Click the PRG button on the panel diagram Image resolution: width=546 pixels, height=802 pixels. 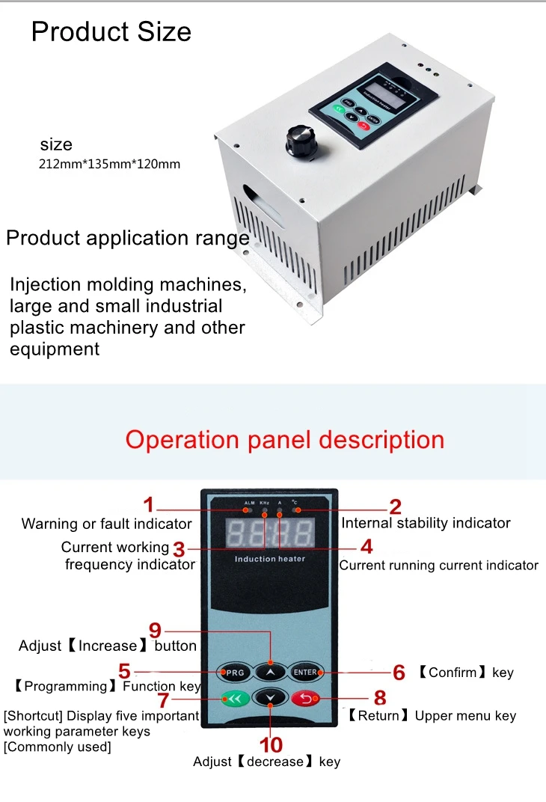[x=235, y=673]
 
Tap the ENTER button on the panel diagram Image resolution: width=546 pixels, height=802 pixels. [x=305, y=672]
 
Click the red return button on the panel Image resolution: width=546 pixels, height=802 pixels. [x=305, y=699]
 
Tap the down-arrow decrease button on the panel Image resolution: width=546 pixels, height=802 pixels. [x=270, y=698]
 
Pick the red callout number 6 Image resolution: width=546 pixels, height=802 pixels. [x=399, y=673]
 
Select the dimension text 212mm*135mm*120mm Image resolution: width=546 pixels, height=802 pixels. [x=109, y=164]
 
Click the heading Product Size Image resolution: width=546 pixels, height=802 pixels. [x=111, y=31]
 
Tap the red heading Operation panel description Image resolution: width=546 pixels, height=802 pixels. [x=284, y=439]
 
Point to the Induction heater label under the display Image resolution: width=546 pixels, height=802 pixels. [x=270, y=559]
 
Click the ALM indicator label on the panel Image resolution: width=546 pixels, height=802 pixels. [x=249, y=503]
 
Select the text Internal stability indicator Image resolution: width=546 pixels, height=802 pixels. [x=426, y=523]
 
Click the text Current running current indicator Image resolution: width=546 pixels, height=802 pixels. [x=439, y=566]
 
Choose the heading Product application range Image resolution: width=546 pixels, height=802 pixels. [x=128, y=238]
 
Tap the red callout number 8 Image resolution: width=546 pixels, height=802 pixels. [x=380, y=698]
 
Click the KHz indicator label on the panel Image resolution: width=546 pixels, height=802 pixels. [x=265, y=503]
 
